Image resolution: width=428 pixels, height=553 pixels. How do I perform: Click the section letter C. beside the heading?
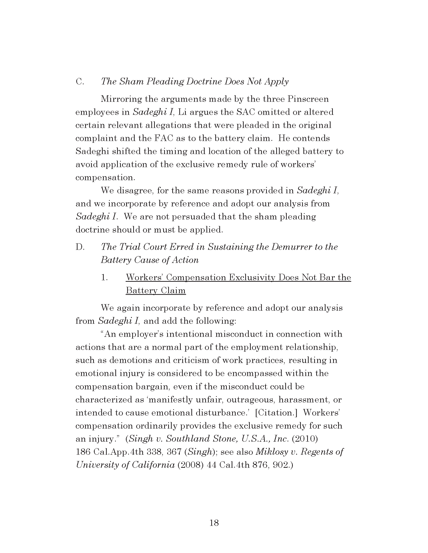(80, 82)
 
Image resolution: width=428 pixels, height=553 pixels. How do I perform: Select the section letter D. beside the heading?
(80, 247)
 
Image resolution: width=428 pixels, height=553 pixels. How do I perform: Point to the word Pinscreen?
(308, 99)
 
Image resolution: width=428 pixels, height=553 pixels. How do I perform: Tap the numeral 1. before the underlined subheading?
(104, 278)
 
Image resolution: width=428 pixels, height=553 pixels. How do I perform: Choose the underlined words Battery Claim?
(156, 290)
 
